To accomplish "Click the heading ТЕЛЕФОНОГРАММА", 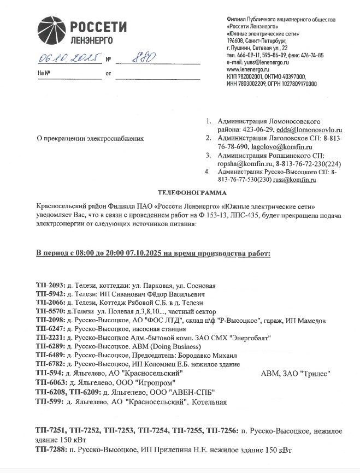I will [190, 193].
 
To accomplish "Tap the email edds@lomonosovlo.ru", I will [309, 130].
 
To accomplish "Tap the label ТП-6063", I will [50, 382].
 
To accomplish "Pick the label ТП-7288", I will [50, 450].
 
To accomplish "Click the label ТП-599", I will [49, 401].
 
